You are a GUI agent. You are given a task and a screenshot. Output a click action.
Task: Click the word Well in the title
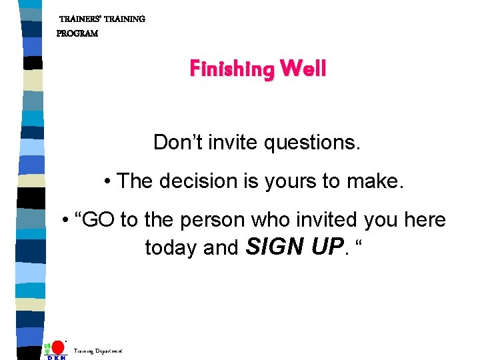pyautogui.click(x=303, y=68)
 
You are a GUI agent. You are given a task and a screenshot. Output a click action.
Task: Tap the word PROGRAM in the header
pyautogui.click(x=77, y=33)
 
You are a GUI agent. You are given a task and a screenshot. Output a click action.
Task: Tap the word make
pyautogui.click(x=379, y=181)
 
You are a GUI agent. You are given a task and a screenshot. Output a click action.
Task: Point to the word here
pyautogui.click(x=425, y=220)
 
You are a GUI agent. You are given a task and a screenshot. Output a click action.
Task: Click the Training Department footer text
pyautogui.click(x=98, y=351)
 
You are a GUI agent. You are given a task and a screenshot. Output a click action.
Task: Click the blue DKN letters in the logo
pyautogui.click(x=57, y=357)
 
